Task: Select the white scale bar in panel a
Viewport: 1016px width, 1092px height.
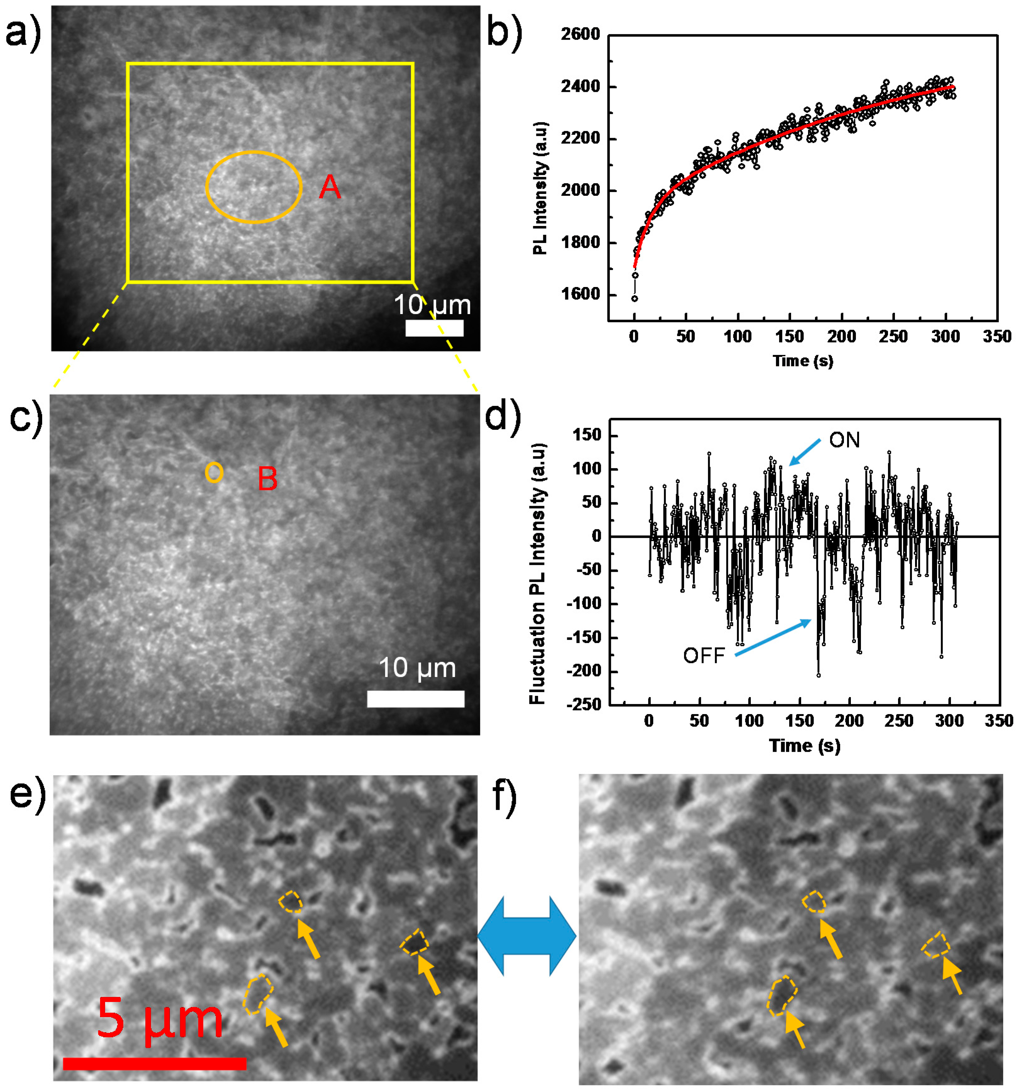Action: point(434,328)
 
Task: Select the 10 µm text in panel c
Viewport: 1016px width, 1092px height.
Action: point(417,668)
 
